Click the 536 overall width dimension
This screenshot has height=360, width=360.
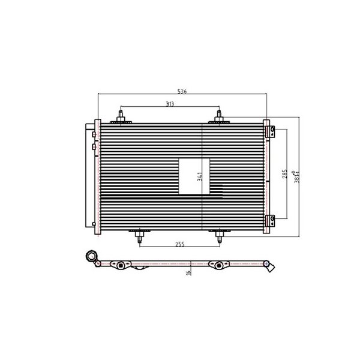183,91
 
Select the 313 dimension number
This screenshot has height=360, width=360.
171,105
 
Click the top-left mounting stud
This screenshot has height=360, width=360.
122,116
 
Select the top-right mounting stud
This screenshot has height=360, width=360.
219,116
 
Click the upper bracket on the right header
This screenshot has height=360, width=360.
272,130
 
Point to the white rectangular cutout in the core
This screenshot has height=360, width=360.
194,176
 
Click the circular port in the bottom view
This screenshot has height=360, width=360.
93,258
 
